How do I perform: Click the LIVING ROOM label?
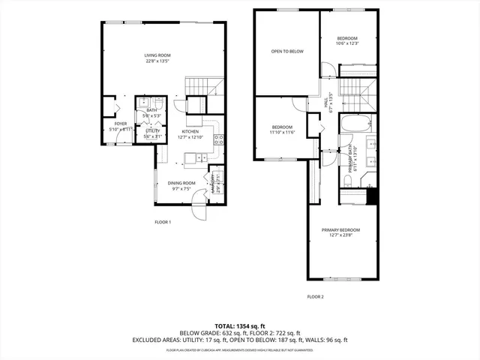(157, 55)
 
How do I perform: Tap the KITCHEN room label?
(189, 131)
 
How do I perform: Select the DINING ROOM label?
(181, 183)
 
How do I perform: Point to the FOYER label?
(120, 124)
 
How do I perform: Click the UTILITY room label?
(153, 130)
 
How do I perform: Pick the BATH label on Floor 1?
(151, 110)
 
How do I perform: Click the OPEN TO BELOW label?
(287, 51)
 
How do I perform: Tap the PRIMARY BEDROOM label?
(341, 229)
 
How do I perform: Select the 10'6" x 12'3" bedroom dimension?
(347, 43)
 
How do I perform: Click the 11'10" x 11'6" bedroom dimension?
(283, 133)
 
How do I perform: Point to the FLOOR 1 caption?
(163, 222)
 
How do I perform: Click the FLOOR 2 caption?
(315, 297)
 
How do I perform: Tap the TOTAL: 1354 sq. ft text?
(239, 325)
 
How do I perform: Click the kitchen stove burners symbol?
(218, 139)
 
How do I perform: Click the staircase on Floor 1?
(205, 87)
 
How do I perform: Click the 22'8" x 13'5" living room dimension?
(157, 61)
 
